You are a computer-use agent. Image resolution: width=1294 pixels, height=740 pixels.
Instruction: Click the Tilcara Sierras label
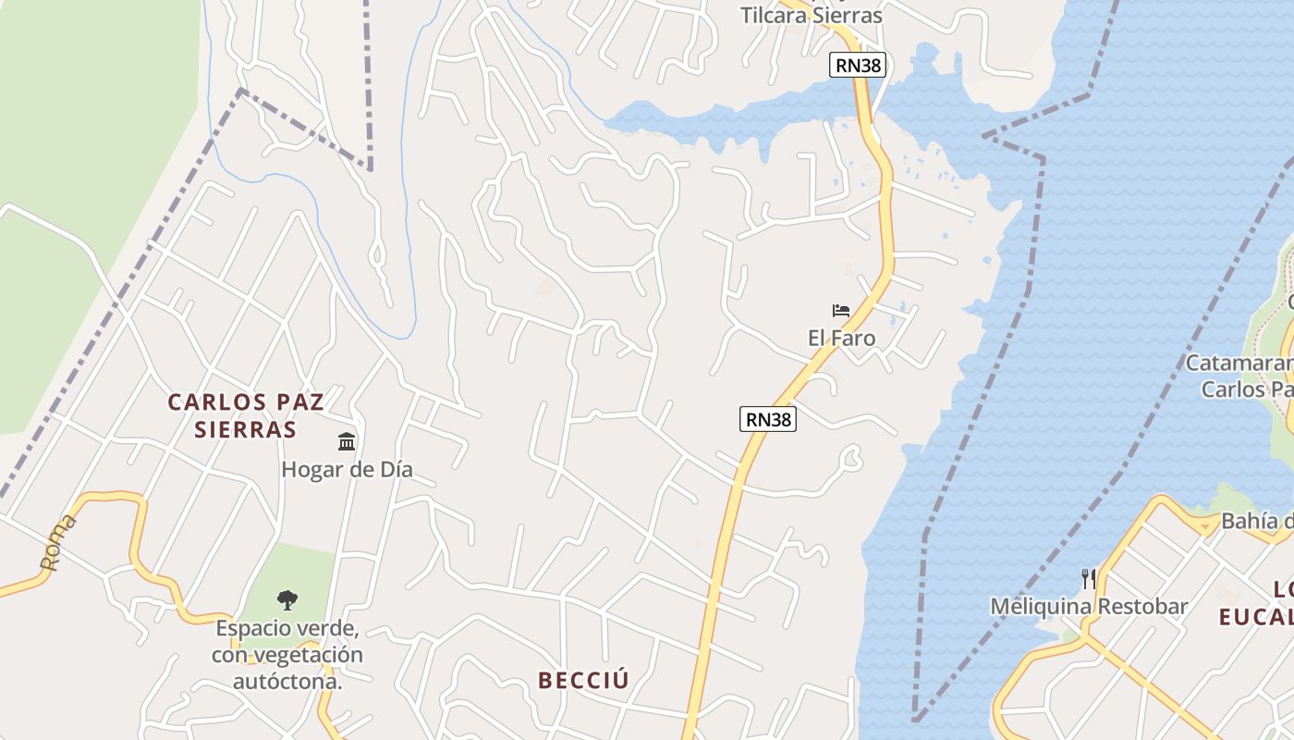812,16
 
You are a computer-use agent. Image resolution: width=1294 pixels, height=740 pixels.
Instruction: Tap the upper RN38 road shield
857,65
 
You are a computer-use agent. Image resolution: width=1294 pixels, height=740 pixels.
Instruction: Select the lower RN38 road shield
768,419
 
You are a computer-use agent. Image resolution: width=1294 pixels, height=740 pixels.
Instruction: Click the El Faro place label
841,339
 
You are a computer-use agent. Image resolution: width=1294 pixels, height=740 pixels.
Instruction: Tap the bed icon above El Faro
841,311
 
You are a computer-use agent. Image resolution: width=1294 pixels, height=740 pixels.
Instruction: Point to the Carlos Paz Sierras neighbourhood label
246,415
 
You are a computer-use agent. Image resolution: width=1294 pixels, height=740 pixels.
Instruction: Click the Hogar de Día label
347,470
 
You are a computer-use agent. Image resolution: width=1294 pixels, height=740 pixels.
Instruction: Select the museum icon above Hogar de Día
347,441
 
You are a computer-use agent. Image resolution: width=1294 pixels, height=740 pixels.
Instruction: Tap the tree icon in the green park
287,599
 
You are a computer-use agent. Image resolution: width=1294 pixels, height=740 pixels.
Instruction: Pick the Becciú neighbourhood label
583,681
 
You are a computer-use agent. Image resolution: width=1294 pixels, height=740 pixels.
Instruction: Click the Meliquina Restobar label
1089,607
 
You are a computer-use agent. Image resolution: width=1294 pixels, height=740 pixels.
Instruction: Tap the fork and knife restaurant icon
1089,579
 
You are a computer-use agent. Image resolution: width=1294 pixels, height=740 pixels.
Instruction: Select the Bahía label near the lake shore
1257,522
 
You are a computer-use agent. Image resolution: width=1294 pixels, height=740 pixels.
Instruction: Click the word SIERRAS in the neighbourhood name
246,430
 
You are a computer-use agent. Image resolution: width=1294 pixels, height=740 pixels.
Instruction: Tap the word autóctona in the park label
287,683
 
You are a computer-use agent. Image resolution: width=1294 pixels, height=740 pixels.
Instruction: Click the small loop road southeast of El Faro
852,456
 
